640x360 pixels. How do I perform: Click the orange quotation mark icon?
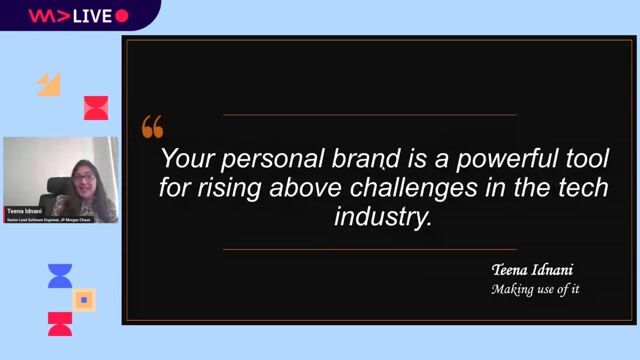pyautogui.click(x=152, y=127)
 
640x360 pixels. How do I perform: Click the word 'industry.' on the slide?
pyautogui.click(x=383, y=217)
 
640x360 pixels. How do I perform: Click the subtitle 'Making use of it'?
pyautogui.click(x=535, y=290)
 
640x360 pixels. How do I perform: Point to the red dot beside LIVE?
pyautogui.click(x=122, y=15)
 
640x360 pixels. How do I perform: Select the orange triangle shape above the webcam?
pyautogui.click(x=49, y=85)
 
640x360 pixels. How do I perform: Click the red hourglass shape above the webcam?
pyautogui.click(x=96, y=108)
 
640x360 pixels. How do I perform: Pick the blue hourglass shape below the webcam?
pyautogui.click(x=60, y=277)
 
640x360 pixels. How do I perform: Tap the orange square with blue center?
pyautogui.click(x=85, y=299)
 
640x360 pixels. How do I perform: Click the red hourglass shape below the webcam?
pyautogui.click(x=60, y=323)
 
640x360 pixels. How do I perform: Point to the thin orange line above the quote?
pyautogui.click(x=369, y=115)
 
